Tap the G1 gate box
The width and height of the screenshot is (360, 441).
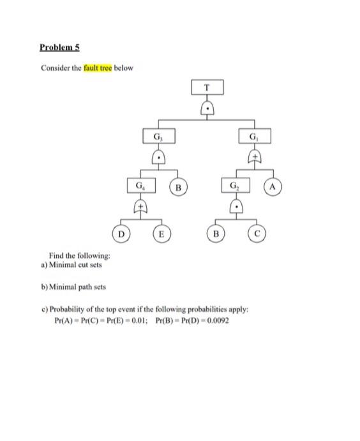[x=255, y=137]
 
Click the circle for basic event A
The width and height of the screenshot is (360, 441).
[x=274, y=187]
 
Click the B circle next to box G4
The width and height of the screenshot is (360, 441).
[x=179, y=188]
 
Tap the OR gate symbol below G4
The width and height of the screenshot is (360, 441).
[x=139, y=206]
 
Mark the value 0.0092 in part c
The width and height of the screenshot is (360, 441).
[x=216, y=320]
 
